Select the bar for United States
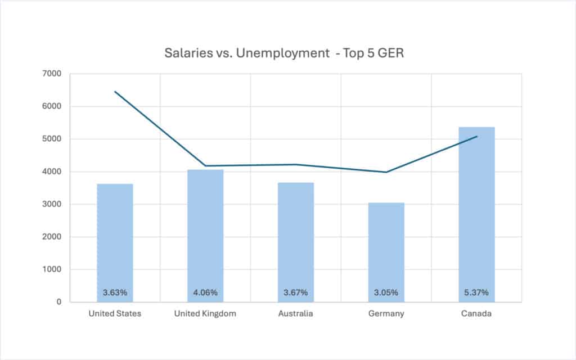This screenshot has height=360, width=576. tap(115, 242)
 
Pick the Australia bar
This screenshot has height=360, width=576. tap(296, 242)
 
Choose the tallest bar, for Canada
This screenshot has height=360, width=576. tap(477, 214)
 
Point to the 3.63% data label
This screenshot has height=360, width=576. tap(115, 292)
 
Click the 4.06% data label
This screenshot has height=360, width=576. tap(205, 292)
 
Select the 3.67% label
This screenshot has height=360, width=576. tap(296, 292)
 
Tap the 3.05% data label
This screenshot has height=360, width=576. tap(386, 292)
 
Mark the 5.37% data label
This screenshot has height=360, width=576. tap(477, 292)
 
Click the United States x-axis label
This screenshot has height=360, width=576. tap(115, 314)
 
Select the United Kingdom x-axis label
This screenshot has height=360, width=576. tap(205, 314)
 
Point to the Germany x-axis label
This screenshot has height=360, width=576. tap(386, 314)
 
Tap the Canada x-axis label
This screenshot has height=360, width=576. tap(477, 314)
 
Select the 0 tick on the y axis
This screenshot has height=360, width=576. tap(58, 302)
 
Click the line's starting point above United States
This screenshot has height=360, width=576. tap(115, 91)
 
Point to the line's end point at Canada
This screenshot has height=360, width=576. tap(477, 136)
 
